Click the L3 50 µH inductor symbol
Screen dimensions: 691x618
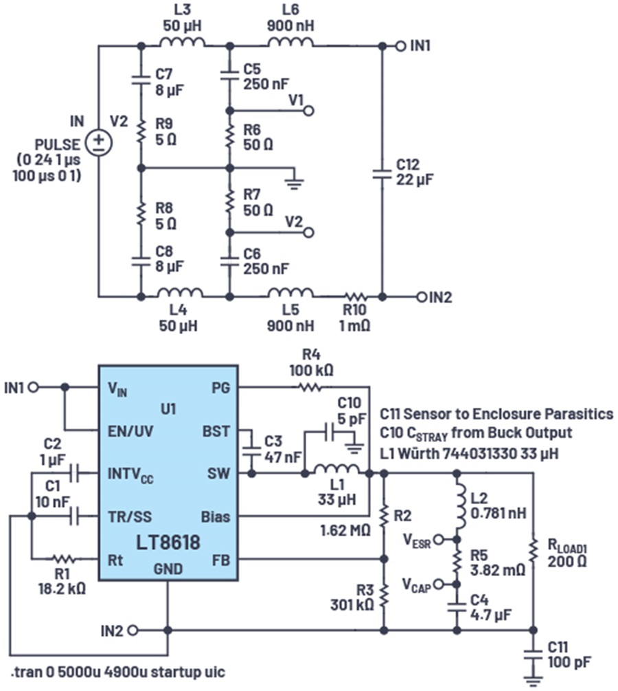tap(183, 43)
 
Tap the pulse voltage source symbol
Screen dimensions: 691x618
tap(99, 143)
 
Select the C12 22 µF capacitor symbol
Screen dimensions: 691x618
tap(382, 173)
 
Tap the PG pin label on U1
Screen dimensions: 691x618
tap(221, 388)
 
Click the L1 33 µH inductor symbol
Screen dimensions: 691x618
tap(336, 472)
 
